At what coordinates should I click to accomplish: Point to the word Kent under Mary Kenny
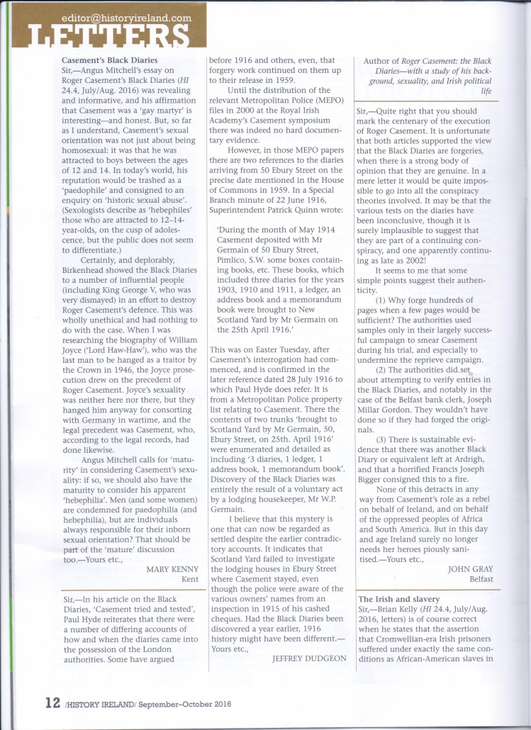tap(187, 578)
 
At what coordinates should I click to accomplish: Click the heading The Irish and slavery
tap(398, 599)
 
